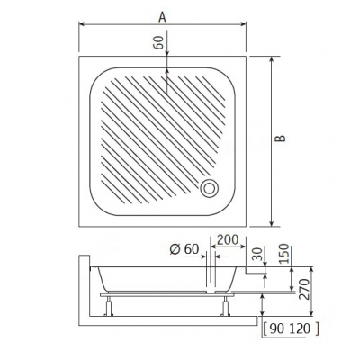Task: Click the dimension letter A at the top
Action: (162, 17)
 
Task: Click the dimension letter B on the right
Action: (281, 139)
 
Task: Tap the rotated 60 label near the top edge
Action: (158, 42)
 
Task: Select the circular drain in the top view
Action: (210, 189)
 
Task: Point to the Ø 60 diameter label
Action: (184, 249)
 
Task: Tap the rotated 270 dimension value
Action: (304, 289)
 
